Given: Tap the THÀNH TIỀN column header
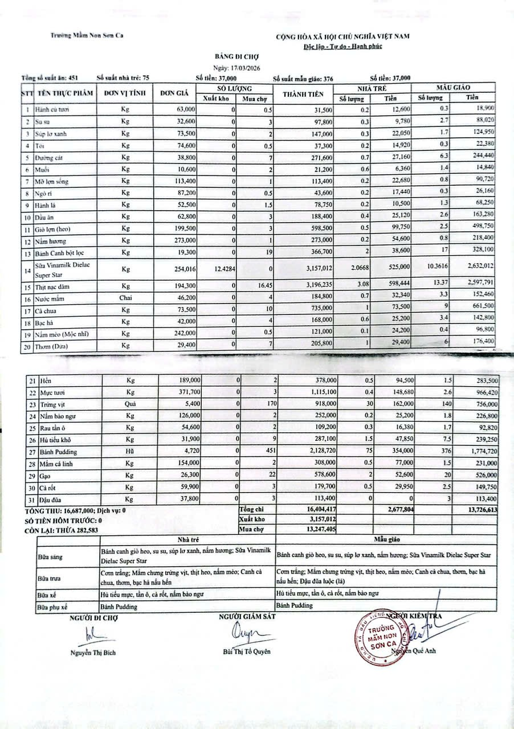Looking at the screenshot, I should pyautogui.click(x=303, y=94).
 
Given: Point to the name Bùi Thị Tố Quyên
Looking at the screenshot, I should pyautogui.click(x=246, y=652).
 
